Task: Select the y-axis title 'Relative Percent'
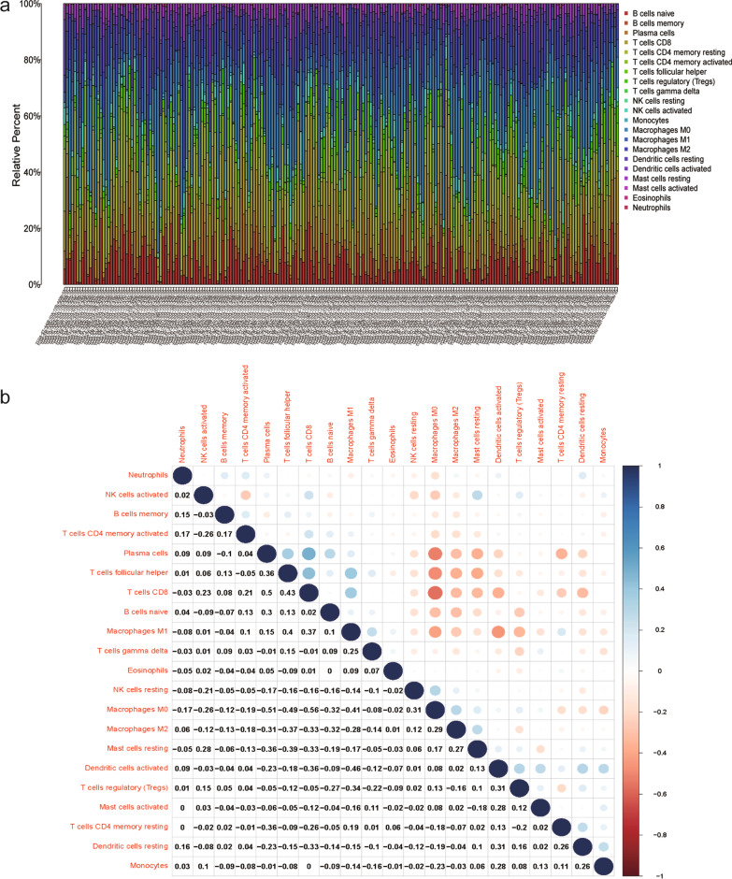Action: tap(18, 145)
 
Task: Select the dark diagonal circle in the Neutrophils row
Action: tap(183, 475)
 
